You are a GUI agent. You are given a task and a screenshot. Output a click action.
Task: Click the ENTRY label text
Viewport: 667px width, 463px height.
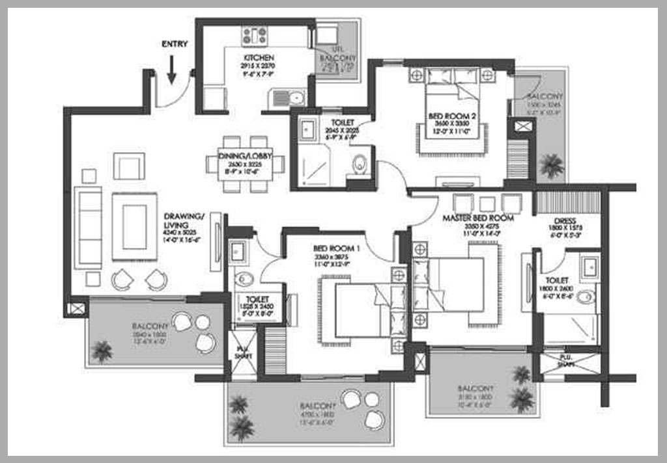pyautogui.click(x=175, y=44)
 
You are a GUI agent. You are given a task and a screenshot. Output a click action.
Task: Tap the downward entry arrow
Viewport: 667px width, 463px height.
pyautogui.click(x=171, y=70)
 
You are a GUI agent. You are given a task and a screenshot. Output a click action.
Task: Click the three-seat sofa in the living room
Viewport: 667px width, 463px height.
pyautogui.click(x=88, y=227)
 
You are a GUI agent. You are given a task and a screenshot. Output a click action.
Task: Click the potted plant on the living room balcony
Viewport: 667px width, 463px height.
pyautogui.click(x=102, y=351)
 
